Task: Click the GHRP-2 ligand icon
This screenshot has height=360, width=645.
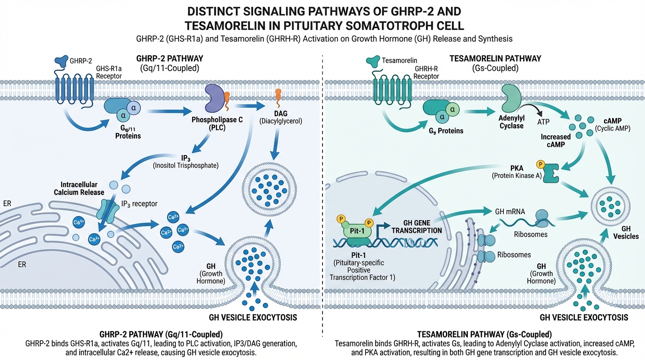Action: click(x=61, y=60)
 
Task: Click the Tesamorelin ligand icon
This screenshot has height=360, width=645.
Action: click(x=373, y=60)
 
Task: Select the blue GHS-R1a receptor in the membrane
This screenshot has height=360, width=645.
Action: click(x=75, y=88)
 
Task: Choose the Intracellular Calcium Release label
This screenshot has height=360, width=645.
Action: click(x=82, y=188)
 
